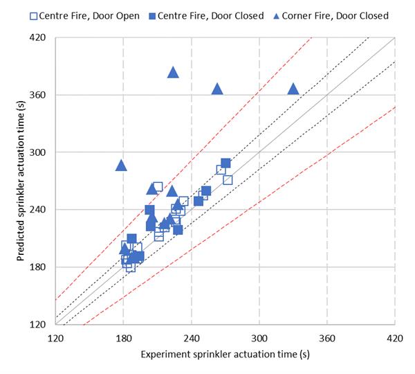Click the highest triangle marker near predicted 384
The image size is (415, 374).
[173, 73]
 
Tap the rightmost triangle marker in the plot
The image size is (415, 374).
[293, 89]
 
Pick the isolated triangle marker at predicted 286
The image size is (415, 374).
[121, 165]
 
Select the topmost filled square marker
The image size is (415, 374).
[225, 163]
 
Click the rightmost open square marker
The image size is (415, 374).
[228, 180]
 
